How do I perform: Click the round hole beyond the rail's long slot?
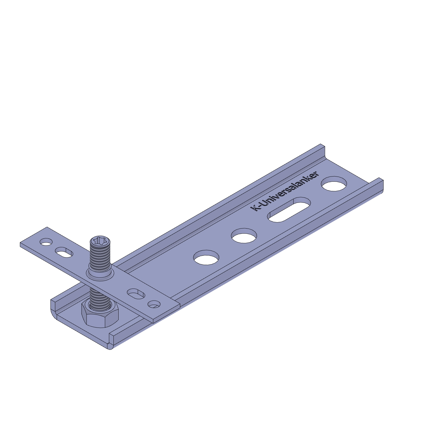(334, 184)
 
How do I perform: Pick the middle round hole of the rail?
(244, 236)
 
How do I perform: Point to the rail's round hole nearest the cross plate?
(206, 257)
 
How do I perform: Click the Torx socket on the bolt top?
(100, 240)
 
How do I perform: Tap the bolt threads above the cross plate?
(100, 256)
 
